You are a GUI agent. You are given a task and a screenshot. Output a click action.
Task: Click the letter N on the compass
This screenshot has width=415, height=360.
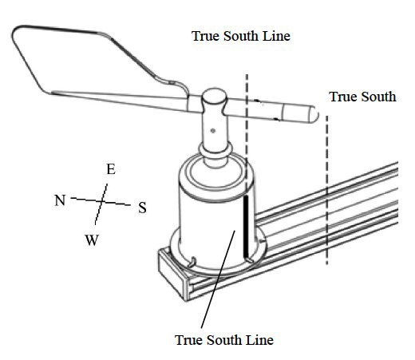click(x=60, y=200)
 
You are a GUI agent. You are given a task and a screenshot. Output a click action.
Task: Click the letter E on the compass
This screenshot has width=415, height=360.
click(x=110, y=169)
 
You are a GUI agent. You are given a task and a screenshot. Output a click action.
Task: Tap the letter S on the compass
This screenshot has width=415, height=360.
click(x=142, y=208)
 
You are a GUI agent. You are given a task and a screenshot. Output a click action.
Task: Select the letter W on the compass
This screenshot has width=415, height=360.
click(x=92, y=240)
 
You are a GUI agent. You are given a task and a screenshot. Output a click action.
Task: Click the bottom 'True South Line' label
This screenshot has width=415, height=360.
click(x=223, y=340)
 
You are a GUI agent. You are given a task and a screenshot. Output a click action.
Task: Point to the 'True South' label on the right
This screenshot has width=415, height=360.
click(x=362, y=97)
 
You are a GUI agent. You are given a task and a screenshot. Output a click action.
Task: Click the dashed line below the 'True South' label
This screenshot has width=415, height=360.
click(x=326, y=200)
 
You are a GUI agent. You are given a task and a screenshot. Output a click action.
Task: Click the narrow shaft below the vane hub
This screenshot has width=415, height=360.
click(x=215, y=137)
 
